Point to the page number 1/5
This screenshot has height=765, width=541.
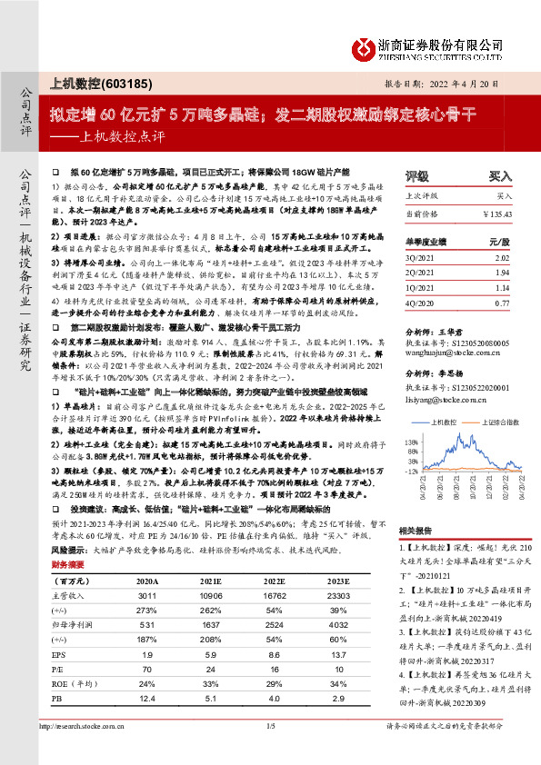click(x=270, y=751)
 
